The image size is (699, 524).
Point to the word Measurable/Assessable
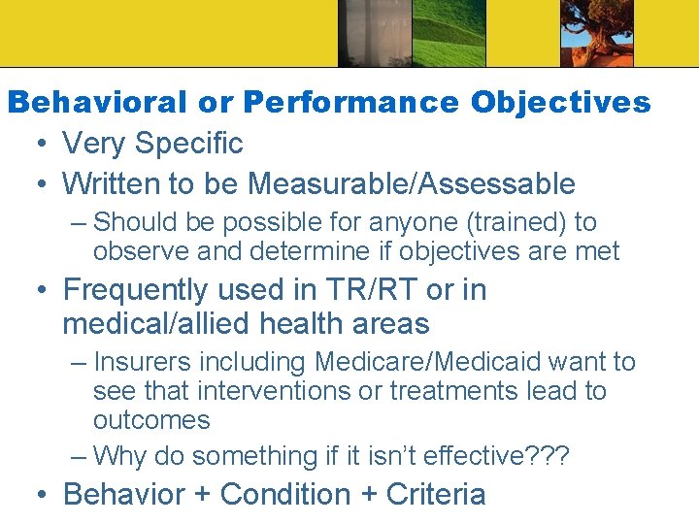412,182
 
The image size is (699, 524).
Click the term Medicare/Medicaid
428,362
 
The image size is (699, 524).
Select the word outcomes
151,420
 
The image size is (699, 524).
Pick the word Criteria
436,494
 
